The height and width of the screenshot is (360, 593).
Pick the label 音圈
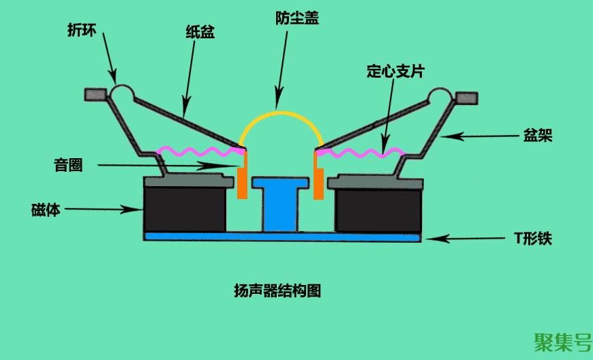click(x=68, y=164)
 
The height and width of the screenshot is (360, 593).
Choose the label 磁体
click(x=46, y=210)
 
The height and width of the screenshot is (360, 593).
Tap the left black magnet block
click(x=184, y=209)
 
